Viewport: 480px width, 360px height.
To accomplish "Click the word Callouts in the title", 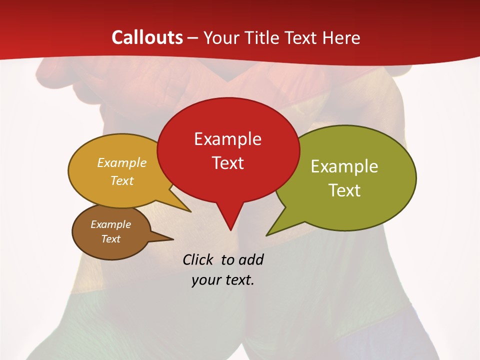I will click(147, 37).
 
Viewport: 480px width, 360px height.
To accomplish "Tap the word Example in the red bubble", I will click(227, 139).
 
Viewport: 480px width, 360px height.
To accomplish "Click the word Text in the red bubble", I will click(227, 163).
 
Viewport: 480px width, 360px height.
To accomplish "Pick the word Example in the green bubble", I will click(344, 166).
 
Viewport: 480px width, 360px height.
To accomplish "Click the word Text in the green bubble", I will click(344, 190).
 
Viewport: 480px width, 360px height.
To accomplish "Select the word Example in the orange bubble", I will click(122, 163).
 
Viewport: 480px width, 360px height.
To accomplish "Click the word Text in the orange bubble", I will click(122, 181).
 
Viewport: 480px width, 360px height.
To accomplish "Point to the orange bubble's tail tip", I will click(190, 211).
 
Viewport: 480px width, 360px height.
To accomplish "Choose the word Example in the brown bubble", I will click(110, 224).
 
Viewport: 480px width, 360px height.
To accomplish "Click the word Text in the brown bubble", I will click(110, 239).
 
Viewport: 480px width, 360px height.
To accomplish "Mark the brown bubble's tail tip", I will click(173, 239).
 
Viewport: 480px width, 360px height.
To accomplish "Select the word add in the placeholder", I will click(250, 259).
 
